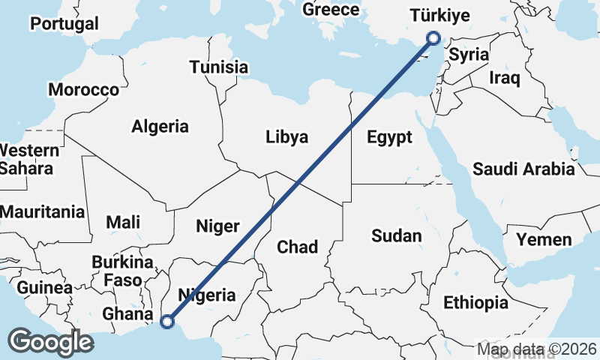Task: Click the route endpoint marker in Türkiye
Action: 433,38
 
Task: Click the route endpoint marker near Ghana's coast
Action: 167,322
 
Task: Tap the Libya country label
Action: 286,137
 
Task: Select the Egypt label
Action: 389,137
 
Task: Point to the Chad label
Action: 298,247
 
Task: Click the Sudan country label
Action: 397,235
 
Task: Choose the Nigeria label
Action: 206,295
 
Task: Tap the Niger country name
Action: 217,226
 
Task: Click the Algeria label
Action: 160,126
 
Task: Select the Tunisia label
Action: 218,67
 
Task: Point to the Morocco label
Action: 83,90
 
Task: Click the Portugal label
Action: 64,23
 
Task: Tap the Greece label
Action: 331,10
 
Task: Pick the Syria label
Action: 469,55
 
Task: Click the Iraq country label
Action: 503,77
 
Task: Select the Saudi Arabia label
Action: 523,169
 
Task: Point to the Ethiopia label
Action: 475,303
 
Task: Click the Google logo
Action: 50,342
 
